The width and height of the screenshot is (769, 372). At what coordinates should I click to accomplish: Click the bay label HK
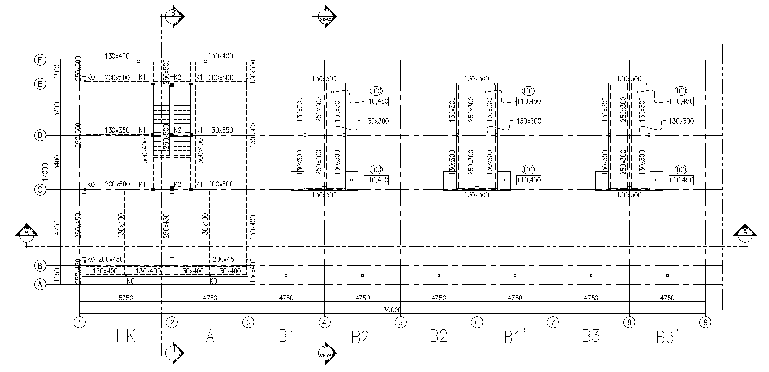[x=125, y=336]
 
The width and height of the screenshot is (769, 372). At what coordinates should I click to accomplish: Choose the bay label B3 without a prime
[x=591, y=336]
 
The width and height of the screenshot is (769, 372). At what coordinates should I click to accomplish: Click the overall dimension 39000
[x=392, y=310]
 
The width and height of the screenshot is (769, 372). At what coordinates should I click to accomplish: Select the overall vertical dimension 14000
[x=45, y=172]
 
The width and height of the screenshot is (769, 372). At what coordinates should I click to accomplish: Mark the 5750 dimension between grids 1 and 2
[x=125, y=298]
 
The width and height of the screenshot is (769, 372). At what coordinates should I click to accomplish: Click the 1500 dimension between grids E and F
[x=57, y=72]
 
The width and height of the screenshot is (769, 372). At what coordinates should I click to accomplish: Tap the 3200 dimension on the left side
[x=57, y=110]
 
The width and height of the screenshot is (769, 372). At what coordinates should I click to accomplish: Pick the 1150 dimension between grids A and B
[x=57, y=275]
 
